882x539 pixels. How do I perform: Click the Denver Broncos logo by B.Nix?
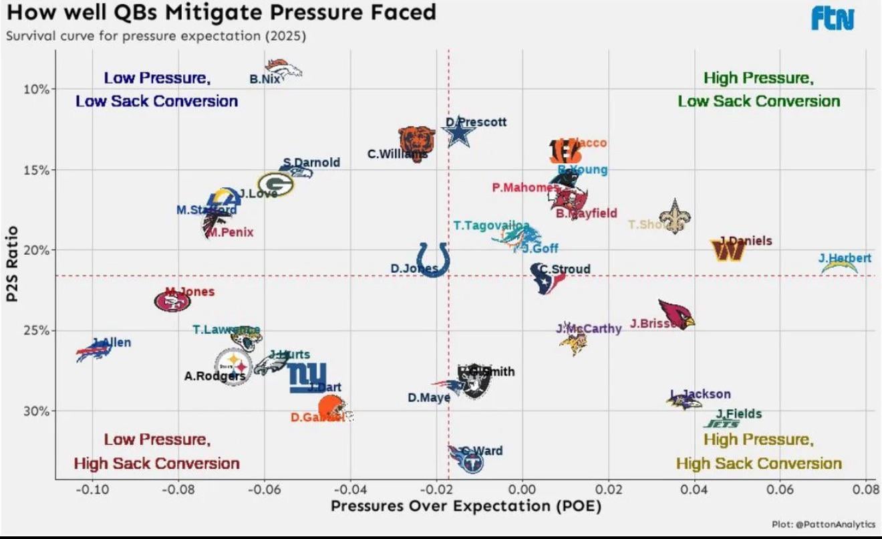point(284,68)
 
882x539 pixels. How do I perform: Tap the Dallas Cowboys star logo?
point(460,132)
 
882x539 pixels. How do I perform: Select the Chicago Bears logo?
point(417,140)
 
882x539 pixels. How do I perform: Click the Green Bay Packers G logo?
point(275,184)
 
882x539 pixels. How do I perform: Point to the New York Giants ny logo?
point(307,376)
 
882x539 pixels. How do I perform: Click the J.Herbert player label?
point(845,258)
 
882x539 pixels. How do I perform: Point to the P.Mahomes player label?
point(525,188)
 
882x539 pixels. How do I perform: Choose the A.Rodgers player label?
point(215,376)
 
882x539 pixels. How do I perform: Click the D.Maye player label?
point(429,397)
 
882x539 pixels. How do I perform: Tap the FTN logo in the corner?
point(833,19)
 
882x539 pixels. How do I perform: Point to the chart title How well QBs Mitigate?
point(221,12)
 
